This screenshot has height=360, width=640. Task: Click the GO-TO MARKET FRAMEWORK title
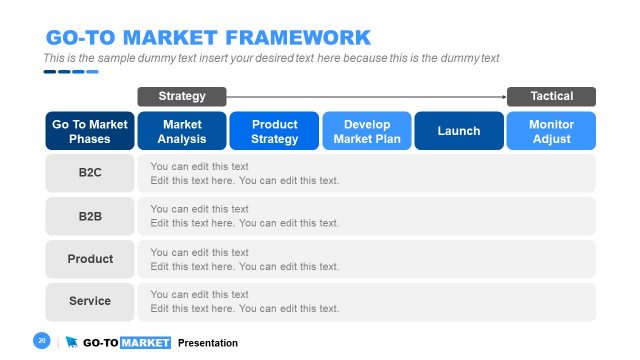coord(208,38)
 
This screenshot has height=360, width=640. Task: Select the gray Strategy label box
coord(182,96)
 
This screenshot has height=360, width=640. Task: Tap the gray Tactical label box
coord(551,96)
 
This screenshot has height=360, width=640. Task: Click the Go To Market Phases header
coord(90,131)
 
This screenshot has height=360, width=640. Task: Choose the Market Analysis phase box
coord(182,131)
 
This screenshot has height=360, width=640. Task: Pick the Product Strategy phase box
coord(274,131)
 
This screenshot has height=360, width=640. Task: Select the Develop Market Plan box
coord(366,131)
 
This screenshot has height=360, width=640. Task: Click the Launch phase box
coord(458,131)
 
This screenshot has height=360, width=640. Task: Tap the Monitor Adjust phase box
coord(551,131)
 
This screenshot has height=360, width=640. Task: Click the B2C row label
coord(90,173)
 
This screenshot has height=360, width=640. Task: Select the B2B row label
coord(90,216)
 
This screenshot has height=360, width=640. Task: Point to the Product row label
coord(90,259)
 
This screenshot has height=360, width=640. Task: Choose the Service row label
coord(90,301)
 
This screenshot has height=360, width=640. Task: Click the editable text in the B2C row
coord(244,173)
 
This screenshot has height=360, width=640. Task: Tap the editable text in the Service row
coord(244,301)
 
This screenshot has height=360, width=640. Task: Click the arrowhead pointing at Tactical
coord(503,97)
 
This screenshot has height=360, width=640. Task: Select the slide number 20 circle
coord(42,341)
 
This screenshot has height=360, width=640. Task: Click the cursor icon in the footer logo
coord(71,342)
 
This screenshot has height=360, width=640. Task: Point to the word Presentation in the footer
coord(208,343)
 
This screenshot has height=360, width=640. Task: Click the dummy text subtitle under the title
coord(271,58)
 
